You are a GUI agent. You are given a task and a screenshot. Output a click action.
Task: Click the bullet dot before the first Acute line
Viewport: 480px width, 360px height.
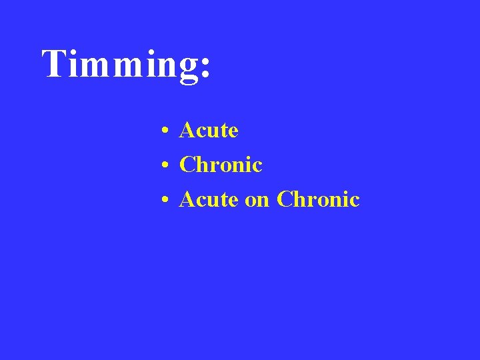[x=163, y=131]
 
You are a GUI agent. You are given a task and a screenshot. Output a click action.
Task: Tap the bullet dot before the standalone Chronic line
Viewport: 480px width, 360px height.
[x=163, y=165]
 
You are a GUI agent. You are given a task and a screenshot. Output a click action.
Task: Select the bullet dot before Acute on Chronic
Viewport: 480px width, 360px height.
[x=163, y=200]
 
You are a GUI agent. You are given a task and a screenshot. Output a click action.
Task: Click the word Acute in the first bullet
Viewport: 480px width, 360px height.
[x=209, y=130]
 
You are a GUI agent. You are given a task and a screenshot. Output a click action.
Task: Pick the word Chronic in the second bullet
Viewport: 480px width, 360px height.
[x=221, y=164]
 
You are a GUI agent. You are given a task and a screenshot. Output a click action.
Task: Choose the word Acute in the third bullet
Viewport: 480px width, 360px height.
[x=209, y=199]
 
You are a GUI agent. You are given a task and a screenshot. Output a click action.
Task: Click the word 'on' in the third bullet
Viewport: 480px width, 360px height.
[x=257, y=199]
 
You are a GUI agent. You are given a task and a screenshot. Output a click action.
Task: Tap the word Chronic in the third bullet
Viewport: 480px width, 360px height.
[x=318, y=199]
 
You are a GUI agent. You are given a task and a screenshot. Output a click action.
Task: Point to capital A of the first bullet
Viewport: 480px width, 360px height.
[x=187, y=130]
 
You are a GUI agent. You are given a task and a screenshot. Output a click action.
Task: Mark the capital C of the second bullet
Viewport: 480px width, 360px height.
[x=187, y=164]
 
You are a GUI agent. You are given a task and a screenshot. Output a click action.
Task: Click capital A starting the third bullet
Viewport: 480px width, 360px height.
[x=187, y=199]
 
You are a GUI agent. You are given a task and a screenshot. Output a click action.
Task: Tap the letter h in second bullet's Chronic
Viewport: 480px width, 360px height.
[x=201, y=164]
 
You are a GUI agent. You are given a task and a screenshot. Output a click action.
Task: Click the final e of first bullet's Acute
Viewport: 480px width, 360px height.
[x=233, y=131]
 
